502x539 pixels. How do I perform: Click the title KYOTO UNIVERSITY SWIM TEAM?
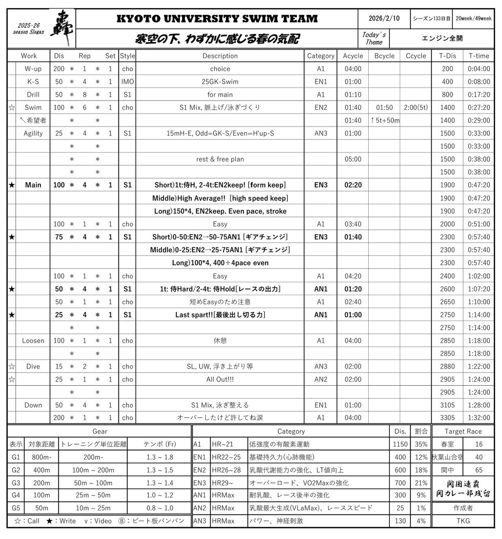coord(217,19)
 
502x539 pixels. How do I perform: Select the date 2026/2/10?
coord(384,18)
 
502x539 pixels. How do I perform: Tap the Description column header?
coord(220,56)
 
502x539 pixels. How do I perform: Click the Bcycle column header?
coord(384,56)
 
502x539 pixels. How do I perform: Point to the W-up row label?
coord(33,69)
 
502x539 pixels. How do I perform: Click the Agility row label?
coord(33,133)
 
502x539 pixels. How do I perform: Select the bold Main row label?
coord(33,185)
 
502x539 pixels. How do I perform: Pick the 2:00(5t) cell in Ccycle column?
coord(415,107)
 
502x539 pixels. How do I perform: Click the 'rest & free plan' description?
coord(220,159)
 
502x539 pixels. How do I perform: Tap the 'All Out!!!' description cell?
coord(220,379)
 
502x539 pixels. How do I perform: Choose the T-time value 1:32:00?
coord(479,417)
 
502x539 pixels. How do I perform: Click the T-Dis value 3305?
coord(447,417)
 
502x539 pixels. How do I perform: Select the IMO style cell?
coord(127,82)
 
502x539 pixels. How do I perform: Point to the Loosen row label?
coord(33,340)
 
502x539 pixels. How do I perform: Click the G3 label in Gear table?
coord(16,483)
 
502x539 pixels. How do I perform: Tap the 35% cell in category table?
coord(421,444)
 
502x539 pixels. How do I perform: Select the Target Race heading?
coord(463,431)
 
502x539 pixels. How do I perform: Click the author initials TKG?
coord(463,521)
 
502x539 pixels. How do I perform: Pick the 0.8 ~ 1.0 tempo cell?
coord(160,508)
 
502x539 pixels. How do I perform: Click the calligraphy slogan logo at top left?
coord(62,28)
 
